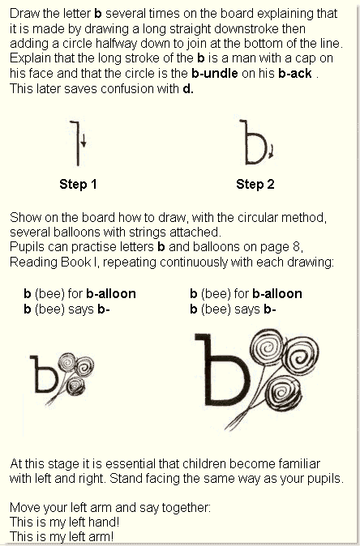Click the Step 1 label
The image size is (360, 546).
pos(78,185)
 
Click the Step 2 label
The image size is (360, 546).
pos(255,185)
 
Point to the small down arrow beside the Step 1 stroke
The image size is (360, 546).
pos(84,147)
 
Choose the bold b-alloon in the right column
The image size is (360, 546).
pos(276,294)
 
